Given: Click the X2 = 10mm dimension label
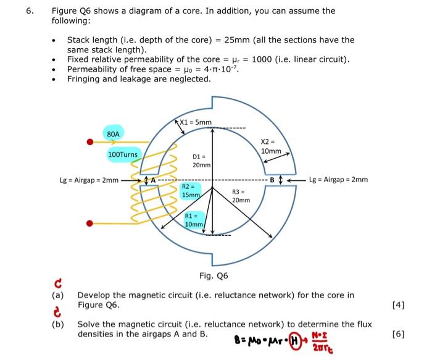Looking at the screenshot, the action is point(270,146).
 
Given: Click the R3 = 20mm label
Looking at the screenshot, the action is point(241,196).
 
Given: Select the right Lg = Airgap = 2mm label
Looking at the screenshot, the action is point(338,180).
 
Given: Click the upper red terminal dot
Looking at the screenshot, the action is point(89,142).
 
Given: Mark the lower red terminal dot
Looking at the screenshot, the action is point(90,223).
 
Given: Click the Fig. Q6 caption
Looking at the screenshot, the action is point(214,275).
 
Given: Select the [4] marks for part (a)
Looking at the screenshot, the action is point(399,305).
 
